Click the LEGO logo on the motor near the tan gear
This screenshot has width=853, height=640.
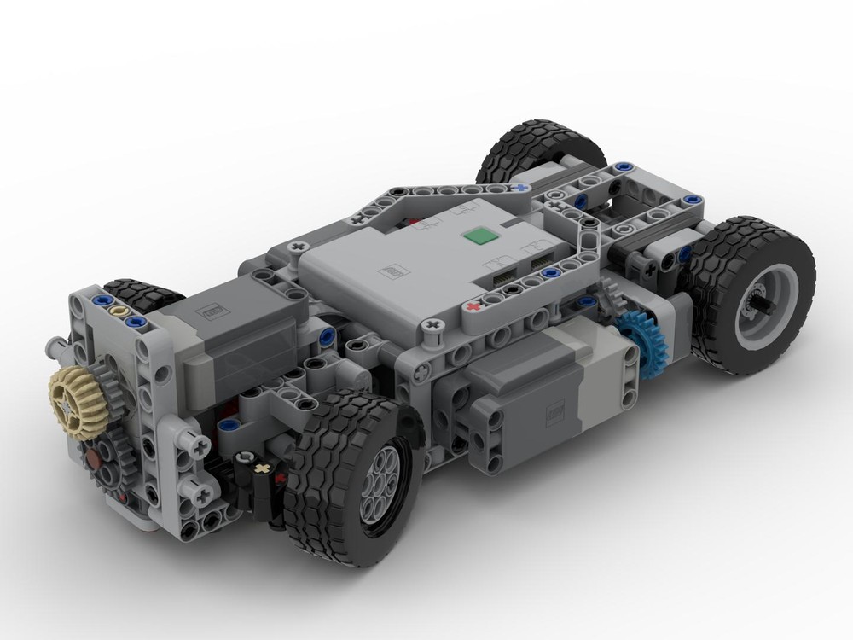[208, 312]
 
